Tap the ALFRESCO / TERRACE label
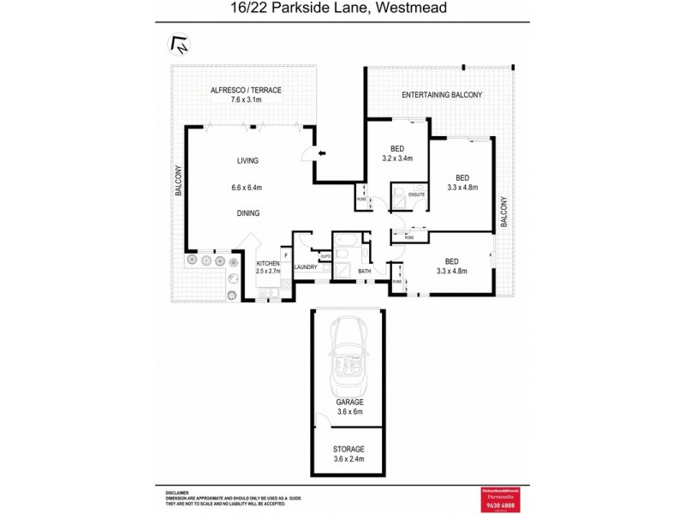coord(244,90)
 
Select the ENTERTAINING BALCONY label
coord(444,94)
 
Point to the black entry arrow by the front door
coord(321,153)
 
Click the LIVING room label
coord(247,160)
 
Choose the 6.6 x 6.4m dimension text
coord(247,188)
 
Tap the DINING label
coord(247,213)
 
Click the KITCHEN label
coord(268,263)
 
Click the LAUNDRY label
coord(306,267)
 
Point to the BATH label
coord(364,272)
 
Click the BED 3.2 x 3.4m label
coord(397,152)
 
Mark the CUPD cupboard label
coord(325,256)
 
